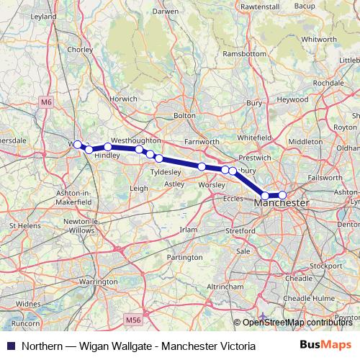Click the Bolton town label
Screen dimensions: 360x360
pos(184,114)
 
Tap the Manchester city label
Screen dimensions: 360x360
pos(282,204)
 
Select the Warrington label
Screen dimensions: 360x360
pos(98,282)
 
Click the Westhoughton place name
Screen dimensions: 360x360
pos(135,140)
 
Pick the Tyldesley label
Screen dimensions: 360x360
pos(165,173)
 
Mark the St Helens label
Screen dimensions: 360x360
pos(24,225)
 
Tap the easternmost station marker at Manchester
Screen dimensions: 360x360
pos(282,195)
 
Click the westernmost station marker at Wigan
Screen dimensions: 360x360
pos(78,145)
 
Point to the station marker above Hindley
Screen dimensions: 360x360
pos(108,147)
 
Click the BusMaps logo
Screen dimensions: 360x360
pos(327,346)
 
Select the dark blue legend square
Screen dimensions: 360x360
pos(11,346)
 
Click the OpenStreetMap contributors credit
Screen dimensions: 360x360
pos(296,323)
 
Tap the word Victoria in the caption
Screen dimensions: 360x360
pos(236,346)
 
